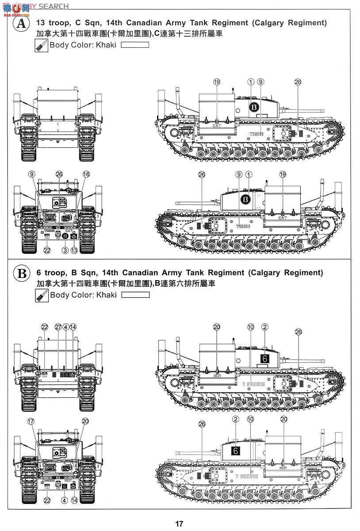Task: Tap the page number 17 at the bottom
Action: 179,523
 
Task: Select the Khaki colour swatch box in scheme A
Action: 135,45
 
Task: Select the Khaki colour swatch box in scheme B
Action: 135,295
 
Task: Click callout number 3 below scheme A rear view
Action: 65,250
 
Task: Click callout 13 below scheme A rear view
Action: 74,250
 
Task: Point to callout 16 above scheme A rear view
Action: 86,174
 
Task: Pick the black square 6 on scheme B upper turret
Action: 264,359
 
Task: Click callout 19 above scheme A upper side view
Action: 216,82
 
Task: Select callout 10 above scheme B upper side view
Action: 251,327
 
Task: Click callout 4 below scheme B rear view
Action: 65,500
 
